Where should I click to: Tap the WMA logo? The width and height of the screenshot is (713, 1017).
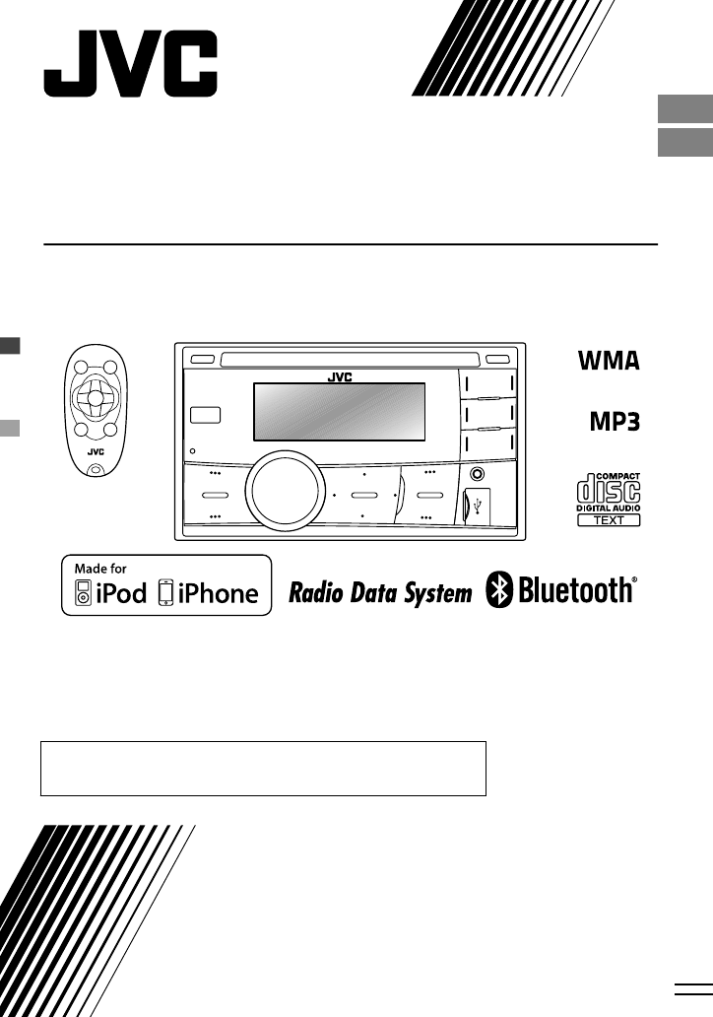point(609,361)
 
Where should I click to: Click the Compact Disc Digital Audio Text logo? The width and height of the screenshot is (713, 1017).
point(609,501)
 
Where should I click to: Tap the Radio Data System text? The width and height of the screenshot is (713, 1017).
point(379,593)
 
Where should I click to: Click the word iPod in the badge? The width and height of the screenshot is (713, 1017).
point(119,593)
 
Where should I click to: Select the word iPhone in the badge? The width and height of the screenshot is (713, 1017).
point(217,593)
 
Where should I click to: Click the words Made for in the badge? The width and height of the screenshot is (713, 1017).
point(99,569)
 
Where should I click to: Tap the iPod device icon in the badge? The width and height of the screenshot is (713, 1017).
point(82,593)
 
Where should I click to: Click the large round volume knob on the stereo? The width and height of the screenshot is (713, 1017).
point(286,494)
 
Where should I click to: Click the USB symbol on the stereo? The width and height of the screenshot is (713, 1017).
point(478,507)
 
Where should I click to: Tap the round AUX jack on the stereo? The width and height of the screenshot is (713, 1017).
point(477,474)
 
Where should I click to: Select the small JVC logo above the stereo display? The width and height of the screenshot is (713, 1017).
point(340,376)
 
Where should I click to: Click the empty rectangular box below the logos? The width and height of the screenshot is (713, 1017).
point(263,769)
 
